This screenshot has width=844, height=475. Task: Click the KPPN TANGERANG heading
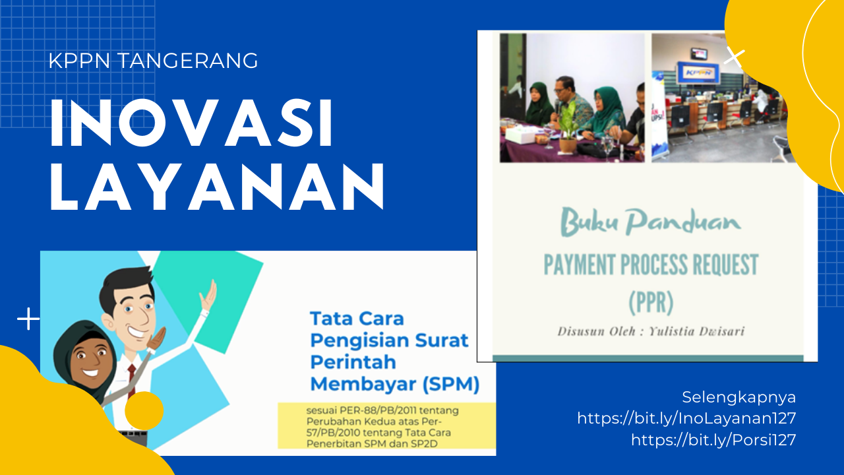154,61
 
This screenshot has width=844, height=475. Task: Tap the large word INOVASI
191,123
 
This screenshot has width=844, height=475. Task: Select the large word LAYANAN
217,186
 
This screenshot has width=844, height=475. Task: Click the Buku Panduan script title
651,222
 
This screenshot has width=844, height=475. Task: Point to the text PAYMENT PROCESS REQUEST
651,265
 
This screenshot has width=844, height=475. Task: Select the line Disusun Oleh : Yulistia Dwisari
651,331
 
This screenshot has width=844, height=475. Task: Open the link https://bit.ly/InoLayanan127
686,418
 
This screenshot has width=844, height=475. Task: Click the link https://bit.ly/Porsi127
713,440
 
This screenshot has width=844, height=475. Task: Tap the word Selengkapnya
739,398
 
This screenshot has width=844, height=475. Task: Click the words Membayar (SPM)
395,384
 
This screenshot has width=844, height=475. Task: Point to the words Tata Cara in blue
357,319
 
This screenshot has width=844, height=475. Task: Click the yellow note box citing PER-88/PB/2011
386,426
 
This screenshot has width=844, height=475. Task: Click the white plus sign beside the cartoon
28,319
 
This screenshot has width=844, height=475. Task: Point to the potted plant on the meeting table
567,128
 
